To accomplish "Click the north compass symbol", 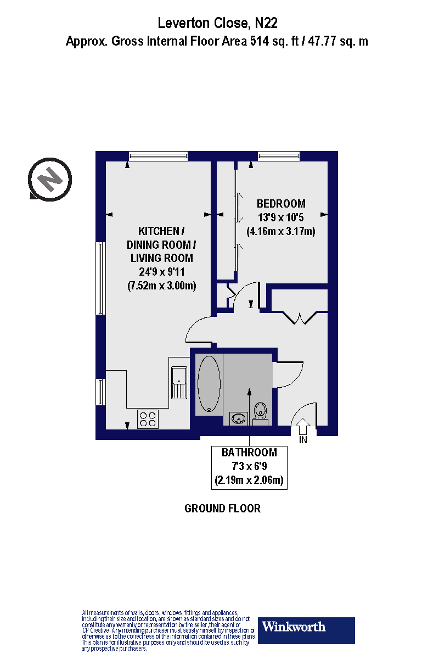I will point(50,178).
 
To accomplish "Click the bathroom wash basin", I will point(239,419).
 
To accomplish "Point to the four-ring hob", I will point(147,419).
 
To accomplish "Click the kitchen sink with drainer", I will point(179,382).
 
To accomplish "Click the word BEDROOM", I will point(281,204).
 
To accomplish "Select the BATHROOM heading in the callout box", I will point(249,453).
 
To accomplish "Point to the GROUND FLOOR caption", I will point(222,509).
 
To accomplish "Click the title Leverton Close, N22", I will point(218,23).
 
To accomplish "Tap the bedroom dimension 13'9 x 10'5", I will point(280,217).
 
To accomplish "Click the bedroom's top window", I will point(279,157).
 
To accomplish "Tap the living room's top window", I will point(158,157).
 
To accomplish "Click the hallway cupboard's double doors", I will point(300,318).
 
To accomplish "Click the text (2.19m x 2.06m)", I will point(249,482).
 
